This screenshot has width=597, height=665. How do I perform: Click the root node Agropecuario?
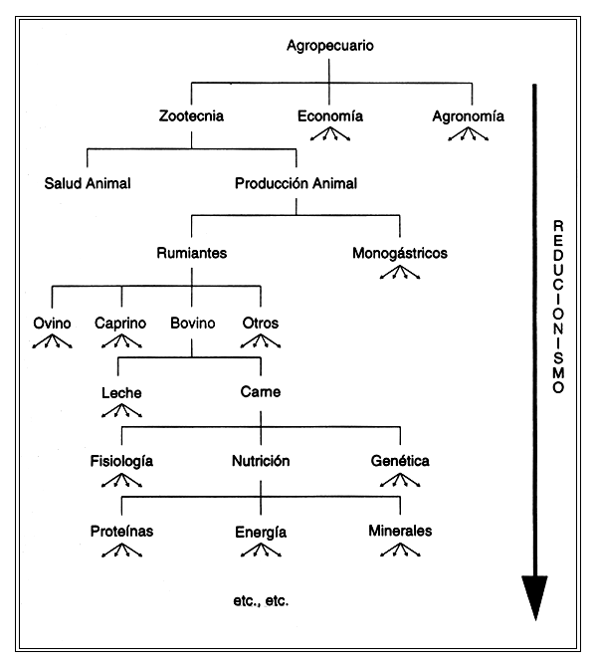click(329, 46)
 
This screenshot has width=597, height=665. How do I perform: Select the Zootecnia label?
click(191, 115)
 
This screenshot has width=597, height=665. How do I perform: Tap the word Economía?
click(330, 115)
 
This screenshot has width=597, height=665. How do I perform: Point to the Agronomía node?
click(468, 115)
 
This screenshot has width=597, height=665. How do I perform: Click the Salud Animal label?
click(88, 183)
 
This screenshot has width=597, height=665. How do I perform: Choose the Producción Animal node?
click(297, 183)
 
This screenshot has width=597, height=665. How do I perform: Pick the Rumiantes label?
click(192, 253)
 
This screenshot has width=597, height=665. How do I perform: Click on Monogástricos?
click(400, 253)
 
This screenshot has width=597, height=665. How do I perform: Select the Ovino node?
click(52, 323)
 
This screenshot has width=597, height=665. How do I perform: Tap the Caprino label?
click(121, 323)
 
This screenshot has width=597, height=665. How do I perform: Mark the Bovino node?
click(192, 323)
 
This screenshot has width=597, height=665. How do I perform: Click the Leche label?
click(121, 392)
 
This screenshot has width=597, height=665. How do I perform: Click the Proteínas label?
click(121, 531)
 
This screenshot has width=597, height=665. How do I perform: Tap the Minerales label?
click(400, 531)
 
